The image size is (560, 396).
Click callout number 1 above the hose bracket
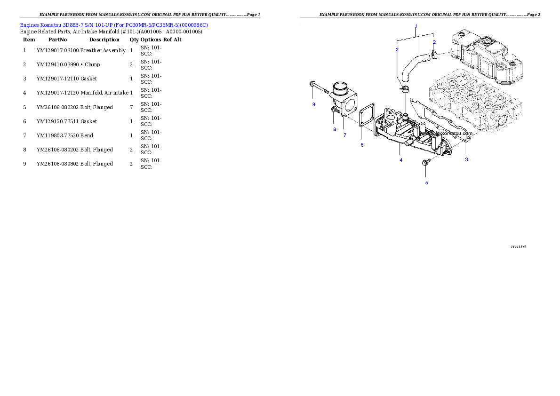pyautogui.click(x=416, y=26)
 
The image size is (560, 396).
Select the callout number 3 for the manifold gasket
pyautogui.click(x=466, y=159)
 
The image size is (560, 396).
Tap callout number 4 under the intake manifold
pyautogui.click(x=401, y=160)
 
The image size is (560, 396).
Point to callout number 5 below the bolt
pyautogui.click(x=426, y=182)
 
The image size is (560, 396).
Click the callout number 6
pyautogui.click(x=362, y=145)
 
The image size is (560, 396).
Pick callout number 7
pyautogui.click(x=344, y=135)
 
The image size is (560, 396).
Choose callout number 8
pyautogui.click(x=335, y=129)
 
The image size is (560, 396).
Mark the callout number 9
pyautogui.click(x=313, y=104)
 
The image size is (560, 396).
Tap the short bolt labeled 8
pyautogui.click(x=335, y=110)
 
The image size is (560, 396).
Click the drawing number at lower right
pyautogui.click(x=518, y=246)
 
